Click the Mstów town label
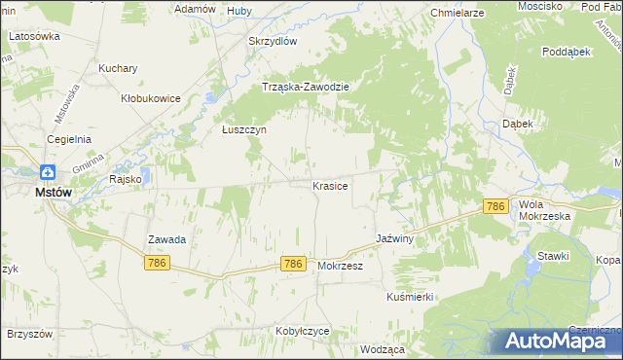pos(53,193)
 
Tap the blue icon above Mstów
pos(46,172)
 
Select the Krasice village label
pos(330,185)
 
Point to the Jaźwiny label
pos(396,238)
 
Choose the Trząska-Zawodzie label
pos(306,87)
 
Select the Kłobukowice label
pos(150,98)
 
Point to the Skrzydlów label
pos(273,42)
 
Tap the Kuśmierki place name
pos(409,296)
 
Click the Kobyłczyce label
pos(302,331)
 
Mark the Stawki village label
pos(553,255)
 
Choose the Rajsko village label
pos(126,179)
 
